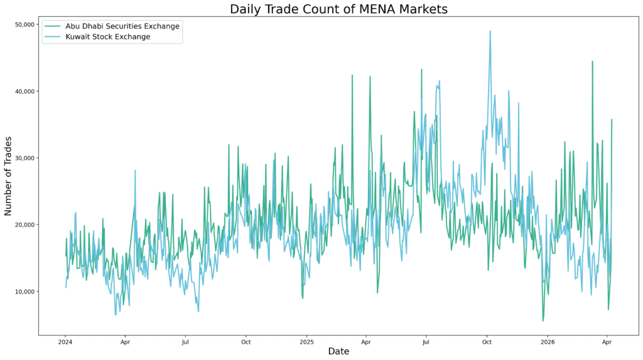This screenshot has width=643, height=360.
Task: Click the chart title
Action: [338, 9]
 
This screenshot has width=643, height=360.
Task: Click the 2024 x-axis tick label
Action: [65, 342]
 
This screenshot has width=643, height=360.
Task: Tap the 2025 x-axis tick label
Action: [306, 342]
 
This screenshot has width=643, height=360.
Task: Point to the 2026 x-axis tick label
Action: [548, 342]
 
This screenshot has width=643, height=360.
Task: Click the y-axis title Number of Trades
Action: [8, 176]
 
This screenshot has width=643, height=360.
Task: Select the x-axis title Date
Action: [338, 352]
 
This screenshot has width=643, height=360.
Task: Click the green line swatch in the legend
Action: [53, 26]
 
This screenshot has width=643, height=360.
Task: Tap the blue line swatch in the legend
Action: [53, 37]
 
